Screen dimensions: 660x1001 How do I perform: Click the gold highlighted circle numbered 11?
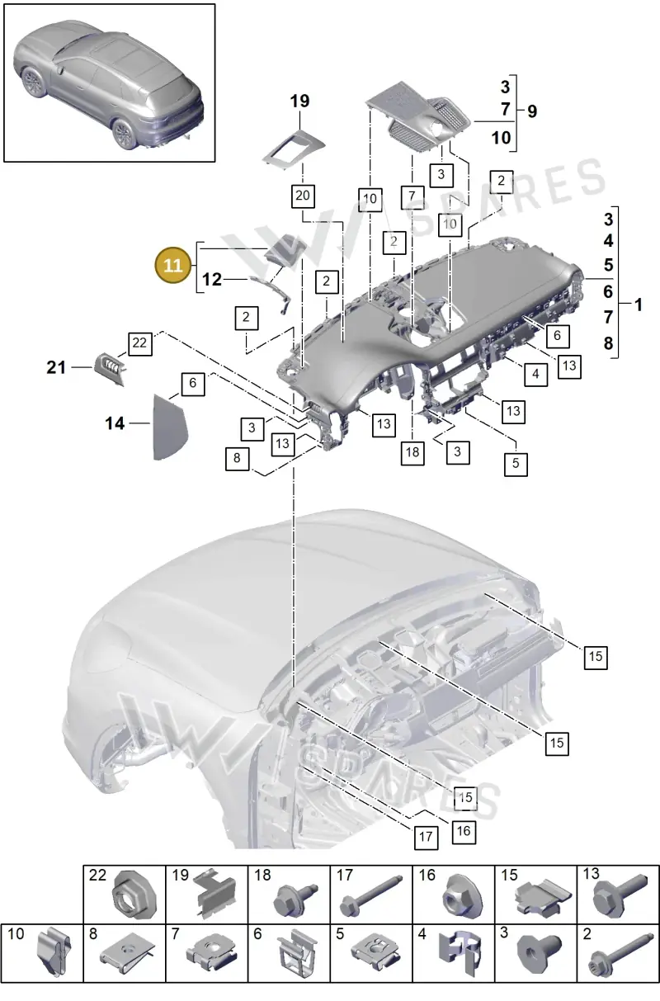(173, 265)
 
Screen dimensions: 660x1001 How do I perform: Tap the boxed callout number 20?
(303, 196)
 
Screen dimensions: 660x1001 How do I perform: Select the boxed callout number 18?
(412, 452)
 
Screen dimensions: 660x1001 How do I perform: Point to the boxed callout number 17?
(426, 837)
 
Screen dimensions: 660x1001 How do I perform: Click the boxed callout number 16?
(464, 831)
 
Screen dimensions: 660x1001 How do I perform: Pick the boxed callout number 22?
(140, 343)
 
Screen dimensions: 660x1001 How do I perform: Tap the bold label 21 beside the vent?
(56, 367)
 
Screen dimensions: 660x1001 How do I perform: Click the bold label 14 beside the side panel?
(115, 423)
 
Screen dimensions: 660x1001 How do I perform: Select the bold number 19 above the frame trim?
(299, 101)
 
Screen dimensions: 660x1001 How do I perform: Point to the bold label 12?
(212, 280)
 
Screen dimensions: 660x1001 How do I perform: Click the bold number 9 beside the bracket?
(532, 111)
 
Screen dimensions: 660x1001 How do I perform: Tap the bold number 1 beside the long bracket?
(639, 305)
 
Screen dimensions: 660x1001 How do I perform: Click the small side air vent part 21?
(111, 368)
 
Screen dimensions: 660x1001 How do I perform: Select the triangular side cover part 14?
(170, 427)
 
